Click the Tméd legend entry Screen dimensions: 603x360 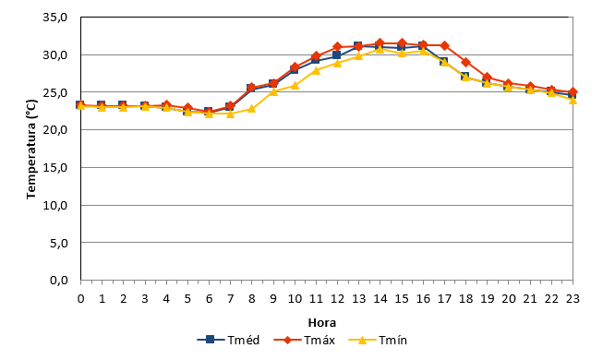[x=228, y=340]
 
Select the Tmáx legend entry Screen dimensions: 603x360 [x=304, y=340]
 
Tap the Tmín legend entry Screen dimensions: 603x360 [x=378, y=340]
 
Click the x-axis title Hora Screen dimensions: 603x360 [x=322, y=322]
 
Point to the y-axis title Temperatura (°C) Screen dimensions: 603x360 [x=31, y=150]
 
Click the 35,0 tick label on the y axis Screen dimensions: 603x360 [x=55, y=18]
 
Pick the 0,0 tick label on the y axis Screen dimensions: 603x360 [x=59, y=281]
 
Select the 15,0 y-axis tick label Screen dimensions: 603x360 [x=55, y=168]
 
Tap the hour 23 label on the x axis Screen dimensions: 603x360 [x=573, y=299]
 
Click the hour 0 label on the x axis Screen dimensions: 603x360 [x=80, y=299]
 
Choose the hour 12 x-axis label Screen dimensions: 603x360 [x=337, y=299]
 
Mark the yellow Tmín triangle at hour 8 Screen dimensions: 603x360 [x=251, y=109]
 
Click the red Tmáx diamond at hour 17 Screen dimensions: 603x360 [x=444, y=46]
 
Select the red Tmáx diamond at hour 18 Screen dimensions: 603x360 [x=465, y=63]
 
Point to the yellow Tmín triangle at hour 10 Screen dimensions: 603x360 [x=295, y=85]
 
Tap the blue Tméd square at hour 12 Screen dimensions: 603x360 [x=337, y=55]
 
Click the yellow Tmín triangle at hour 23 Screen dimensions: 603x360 [x=573, y=100]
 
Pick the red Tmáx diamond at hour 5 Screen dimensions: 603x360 [x=187, y=108]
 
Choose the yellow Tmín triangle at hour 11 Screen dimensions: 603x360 [x=316, y=70]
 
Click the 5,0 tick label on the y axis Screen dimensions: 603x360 [x=59, y=243]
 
